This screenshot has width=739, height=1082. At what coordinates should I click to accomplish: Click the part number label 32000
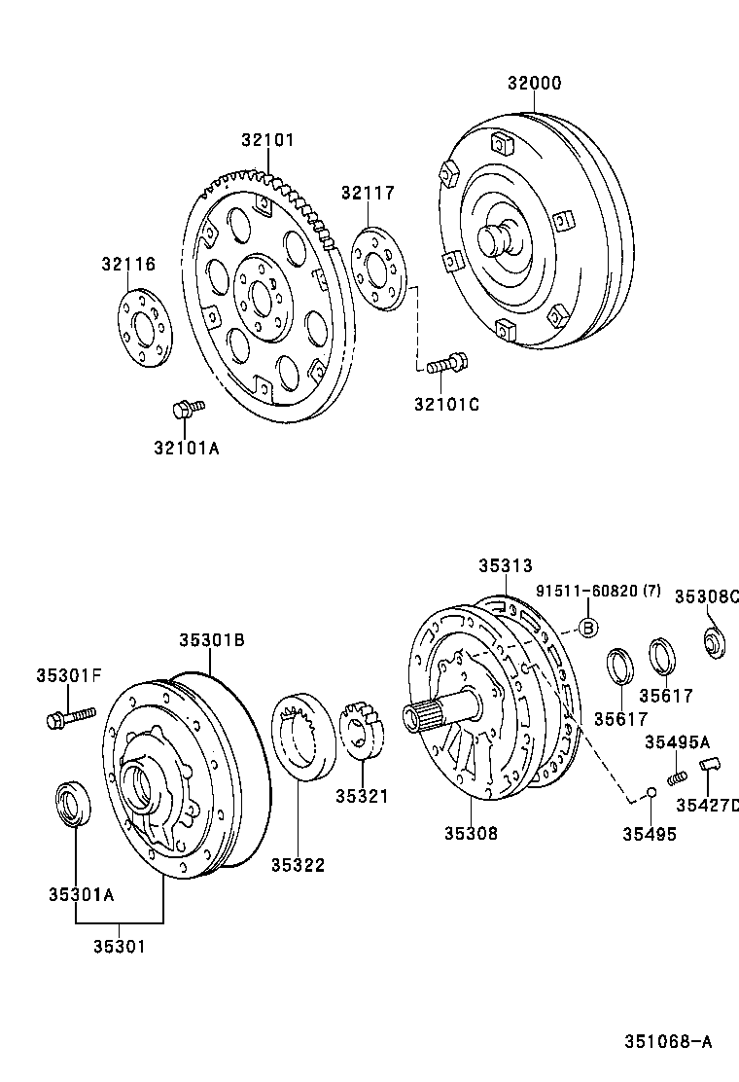(534, 84)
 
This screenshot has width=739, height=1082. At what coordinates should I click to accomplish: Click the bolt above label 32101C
(447, 365)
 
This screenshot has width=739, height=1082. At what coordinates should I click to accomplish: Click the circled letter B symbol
(587, 628)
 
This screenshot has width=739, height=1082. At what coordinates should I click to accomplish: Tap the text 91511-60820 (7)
(598, 591)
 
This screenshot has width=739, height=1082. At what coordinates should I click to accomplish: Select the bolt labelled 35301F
(68, 718)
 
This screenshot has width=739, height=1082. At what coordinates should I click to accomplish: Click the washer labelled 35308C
(715, 642)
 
